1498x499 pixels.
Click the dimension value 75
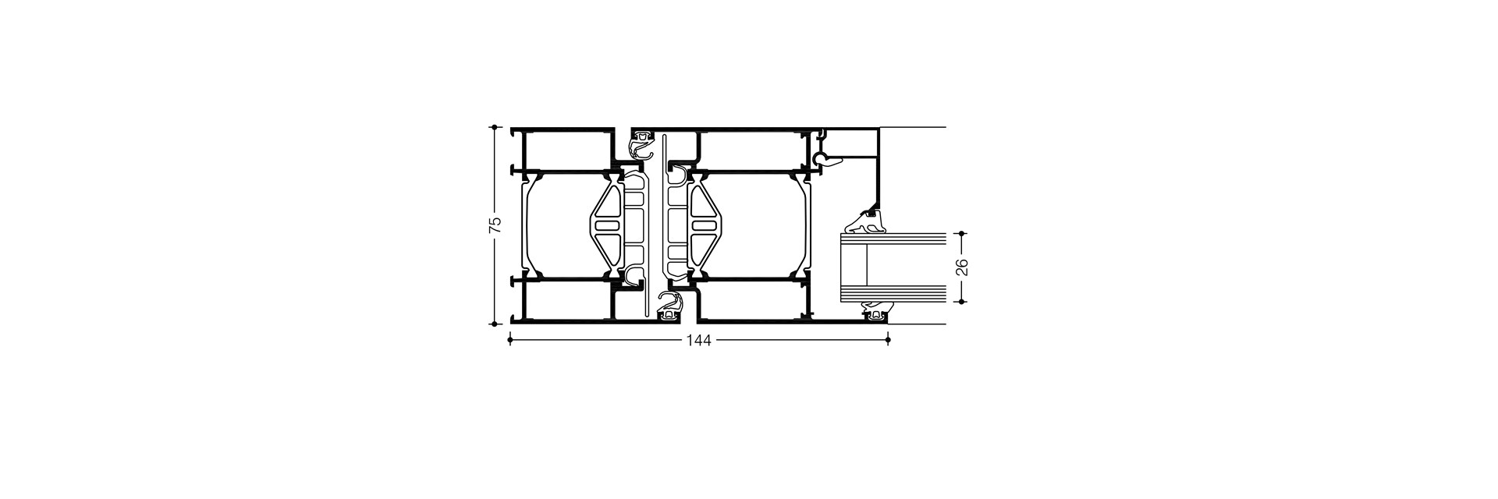pos(494,225)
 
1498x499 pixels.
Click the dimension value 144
pos(699,340)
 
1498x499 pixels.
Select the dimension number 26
pos(962,267)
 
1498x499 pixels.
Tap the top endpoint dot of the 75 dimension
pos(495,126)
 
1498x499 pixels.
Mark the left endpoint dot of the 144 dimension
pos(510,339)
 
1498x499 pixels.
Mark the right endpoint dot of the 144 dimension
pos(889,339)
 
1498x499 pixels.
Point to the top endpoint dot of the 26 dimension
pos(962,233)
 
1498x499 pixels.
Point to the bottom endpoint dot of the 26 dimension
pos(962,302)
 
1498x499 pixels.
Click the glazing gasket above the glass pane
pos(866,225)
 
